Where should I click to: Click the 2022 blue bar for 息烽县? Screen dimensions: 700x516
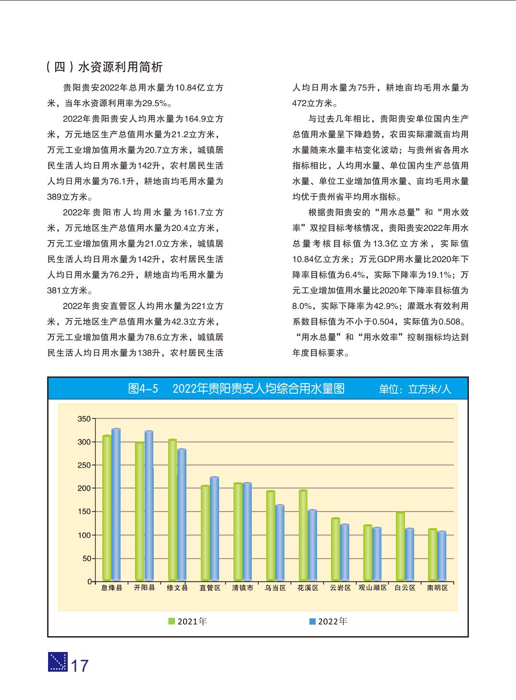pos(116,504)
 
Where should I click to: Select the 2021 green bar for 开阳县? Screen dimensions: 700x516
pos(139,511)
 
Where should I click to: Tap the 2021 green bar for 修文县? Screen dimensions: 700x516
pos(172,510)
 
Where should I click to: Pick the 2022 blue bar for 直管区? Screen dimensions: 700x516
pos(214,529)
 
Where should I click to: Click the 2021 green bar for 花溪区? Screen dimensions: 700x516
pos(303,535)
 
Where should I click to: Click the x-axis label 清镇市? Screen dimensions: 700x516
pos(243,588)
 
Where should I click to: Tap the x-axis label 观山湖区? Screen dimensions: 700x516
pos(373,588)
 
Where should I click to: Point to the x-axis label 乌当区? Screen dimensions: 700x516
pos(275,588)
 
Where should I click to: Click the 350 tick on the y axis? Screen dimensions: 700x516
pos(84,419)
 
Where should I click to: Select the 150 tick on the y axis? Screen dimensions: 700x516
pos(84,512)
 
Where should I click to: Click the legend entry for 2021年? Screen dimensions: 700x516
pos(188,621)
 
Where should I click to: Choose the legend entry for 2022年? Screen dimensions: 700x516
pos(328,621)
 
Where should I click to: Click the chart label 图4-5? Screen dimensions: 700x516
pos(143,388)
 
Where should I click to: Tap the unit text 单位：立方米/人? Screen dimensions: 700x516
pos(415,389)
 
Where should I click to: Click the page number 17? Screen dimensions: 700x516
pos(80,666)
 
